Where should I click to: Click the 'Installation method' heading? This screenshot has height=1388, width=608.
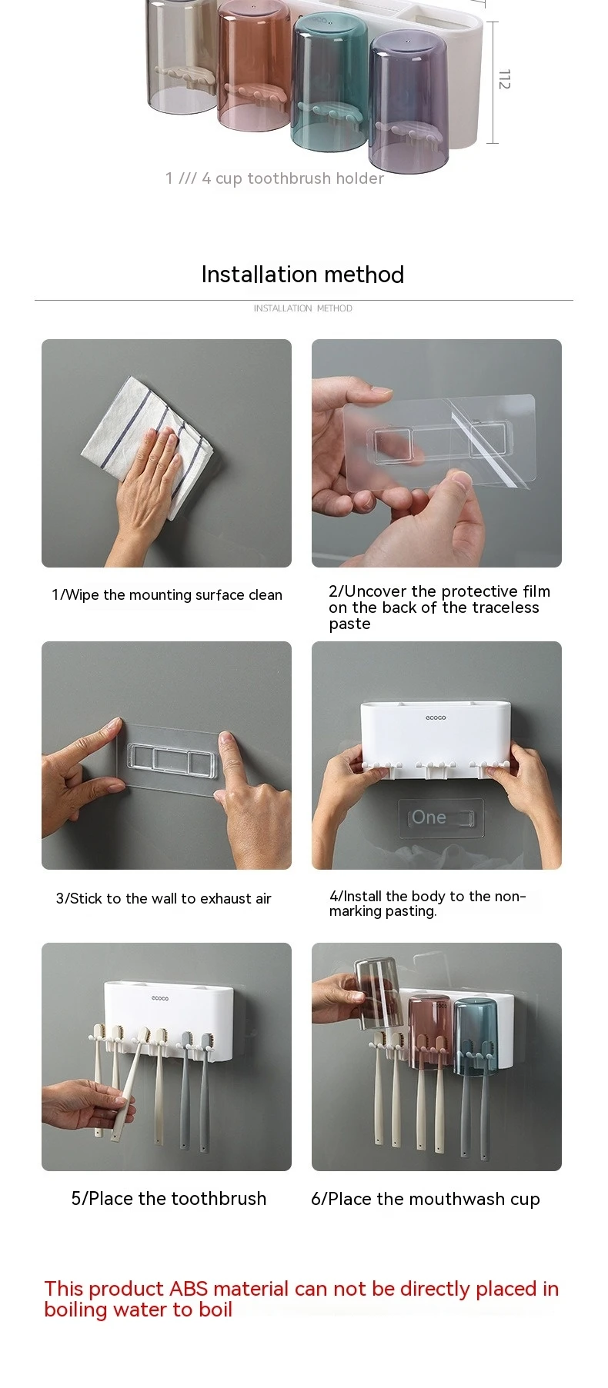point(302,275)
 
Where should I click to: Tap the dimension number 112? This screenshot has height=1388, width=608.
point(504,79)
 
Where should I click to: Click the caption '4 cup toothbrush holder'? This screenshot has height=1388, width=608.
point(292,178)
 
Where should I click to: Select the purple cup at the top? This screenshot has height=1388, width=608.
point(408,101)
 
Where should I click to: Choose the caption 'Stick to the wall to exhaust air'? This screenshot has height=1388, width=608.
point(170,898)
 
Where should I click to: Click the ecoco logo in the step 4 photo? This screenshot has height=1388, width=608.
point(436,717)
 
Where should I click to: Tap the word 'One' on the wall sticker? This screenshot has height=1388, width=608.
point(429,817)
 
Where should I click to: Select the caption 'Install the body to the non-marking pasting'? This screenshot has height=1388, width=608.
point(428,904)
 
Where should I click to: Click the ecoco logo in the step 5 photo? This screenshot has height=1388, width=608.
point(160,998)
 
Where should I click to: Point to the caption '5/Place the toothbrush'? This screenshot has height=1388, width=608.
point(169,1199)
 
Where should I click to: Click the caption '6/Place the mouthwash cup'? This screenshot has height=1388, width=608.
point(426,1200)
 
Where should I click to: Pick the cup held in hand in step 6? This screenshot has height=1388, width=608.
point(378,992)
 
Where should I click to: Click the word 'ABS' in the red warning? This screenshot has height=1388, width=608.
point(189,1289)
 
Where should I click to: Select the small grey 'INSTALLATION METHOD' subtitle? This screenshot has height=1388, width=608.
point(303,308)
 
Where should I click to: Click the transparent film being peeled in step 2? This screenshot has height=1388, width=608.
point(439,444)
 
